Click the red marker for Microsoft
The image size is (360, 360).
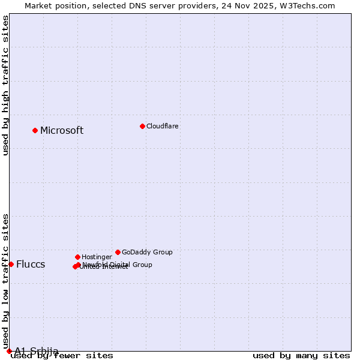35,130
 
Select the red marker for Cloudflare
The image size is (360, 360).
142,126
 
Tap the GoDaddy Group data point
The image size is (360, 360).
118,252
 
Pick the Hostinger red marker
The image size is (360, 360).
77,257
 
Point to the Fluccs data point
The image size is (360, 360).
11,264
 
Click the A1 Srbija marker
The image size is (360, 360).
9,351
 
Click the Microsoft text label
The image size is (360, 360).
62,131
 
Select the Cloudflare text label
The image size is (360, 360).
163,127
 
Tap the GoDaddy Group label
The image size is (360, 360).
147,253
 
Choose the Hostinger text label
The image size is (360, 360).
97,257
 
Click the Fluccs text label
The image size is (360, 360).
31,265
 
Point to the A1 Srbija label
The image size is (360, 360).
37,351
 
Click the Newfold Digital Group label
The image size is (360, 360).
118,265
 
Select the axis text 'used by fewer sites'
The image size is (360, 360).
62,356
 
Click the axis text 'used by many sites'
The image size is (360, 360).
301,356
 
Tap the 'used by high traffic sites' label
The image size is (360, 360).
6,85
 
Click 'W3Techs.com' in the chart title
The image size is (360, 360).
310,6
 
